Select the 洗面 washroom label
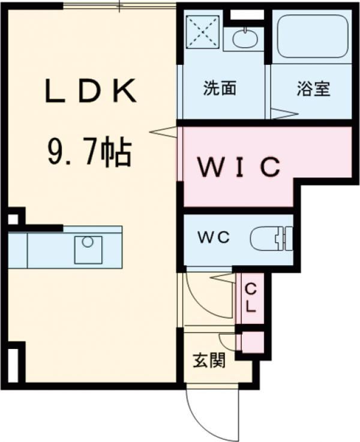point(220,89)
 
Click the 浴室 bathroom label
point(313,89)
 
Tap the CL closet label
point(251,297)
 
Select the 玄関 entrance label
point(209,362)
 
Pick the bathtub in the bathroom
point(311,35)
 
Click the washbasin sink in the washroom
point(244,38)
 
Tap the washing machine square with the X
point(203,32)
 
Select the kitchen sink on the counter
point(88,249)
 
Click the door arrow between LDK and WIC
point(162,131)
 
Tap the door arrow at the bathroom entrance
point(283,113)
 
